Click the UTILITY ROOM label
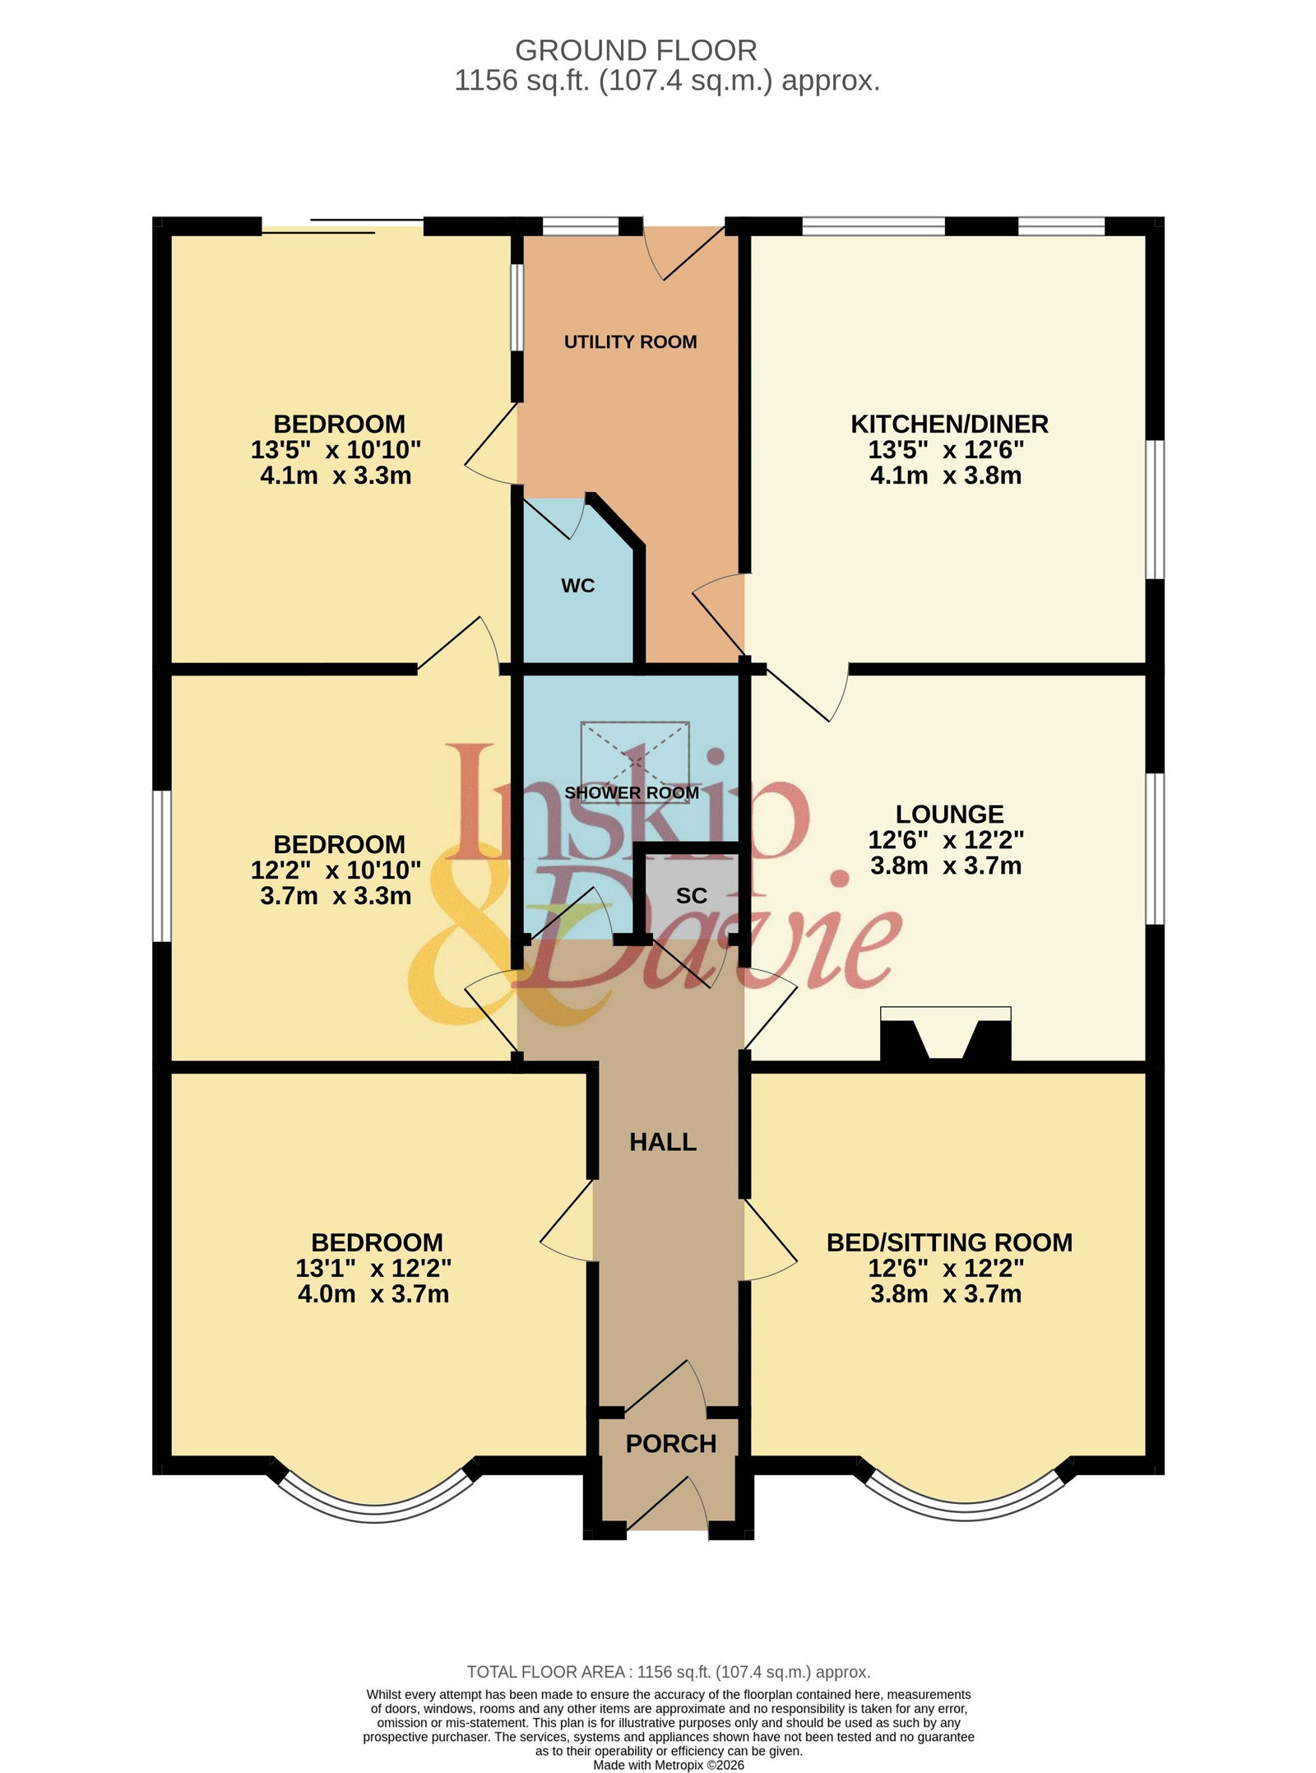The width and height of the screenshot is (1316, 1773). tap(630, 341)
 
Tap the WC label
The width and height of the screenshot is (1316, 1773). tap(577, 586)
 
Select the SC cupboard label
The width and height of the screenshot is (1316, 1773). tap(691, 896)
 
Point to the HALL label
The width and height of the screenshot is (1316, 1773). tap(663, 1142)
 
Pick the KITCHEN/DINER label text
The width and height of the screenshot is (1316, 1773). tap(949, 425)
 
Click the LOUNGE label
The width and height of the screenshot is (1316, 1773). tap(949, 815)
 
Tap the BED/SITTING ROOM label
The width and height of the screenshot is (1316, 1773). tap(949, 1242)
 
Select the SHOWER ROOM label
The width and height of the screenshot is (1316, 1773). tap(632, 792)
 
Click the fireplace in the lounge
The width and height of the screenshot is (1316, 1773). tap(945, 1033)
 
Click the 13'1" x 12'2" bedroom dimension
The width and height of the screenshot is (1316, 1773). tap(373, 1268)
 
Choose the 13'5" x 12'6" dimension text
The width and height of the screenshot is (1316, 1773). tap(946, 450)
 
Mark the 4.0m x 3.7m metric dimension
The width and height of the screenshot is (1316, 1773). tap(373, 1294)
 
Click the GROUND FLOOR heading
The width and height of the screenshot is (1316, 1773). tap(636, 51)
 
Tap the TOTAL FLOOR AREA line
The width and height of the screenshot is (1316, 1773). tap(669, 1672)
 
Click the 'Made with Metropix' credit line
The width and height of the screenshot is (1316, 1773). tap(669, 1765)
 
